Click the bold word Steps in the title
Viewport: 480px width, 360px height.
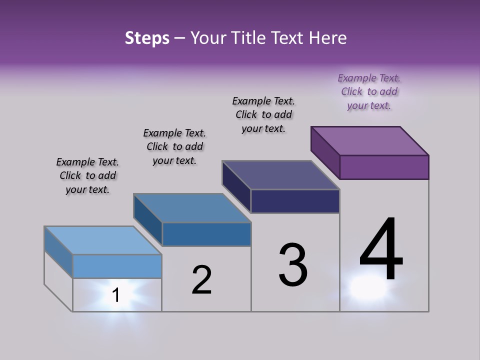(x=147, y=38)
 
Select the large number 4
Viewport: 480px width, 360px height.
(x=381, y=250)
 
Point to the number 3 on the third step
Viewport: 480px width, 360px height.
(x=293, y=265)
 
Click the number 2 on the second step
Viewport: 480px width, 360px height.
(x=202, y=280)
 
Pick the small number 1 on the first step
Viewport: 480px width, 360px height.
(x=116, y=295)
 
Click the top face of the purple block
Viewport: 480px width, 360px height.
(x=370, y=140)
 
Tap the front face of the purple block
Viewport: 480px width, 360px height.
(x=384, y=167)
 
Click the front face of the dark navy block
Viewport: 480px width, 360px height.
(x=295, y=201)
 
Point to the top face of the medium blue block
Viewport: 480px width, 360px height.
(x=192, y=208)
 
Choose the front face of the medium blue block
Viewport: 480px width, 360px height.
(x=206, y=234)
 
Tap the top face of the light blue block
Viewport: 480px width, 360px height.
(x=103, y=240)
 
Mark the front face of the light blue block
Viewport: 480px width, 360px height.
(x=117, y=266)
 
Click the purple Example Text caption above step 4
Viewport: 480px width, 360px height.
(x=369, y=91)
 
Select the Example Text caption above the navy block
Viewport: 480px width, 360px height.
(x=263, y=114)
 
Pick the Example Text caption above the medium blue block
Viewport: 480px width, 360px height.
(x=174, y=146)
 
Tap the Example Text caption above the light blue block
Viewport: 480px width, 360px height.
(x=87, y=175)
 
